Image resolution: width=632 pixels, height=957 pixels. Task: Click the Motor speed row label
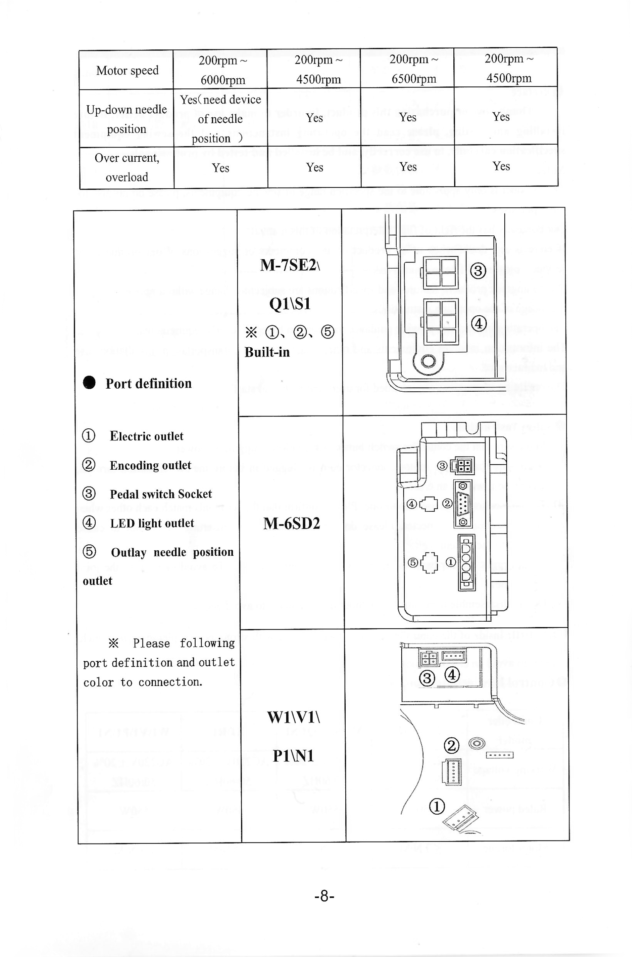pos(127,71)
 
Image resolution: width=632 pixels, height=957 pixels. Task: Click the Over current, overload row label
pos(127,167)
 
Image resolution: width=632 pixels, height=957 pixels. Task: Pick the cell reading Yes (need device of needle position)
pos(220,118)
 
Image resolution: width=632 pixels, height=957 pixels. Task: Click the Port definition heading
pos(148,383)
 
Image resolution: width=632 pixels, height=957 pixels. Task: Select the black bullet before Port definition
pos(89,382)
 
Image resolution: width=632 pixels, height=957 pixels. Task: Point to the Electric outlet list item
pos(146,436)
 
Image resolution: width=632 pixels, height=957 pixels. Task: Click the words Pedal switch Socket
pos(161,494)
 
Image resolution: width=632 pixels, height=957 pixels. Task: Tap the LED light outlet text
pos(152,523)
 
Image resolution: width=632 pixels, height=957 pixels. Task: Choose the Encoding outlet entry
pos(150,466)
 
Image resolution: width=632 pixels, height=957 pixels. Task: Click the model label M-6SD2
pos(291,524)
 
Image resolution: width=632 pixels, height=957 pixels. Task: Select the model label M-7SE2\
pos(290,265)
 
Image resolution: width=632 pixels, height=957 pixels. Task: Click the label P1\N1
pos(293,756)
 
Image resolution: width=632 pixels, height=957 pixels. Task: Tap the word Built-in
pos(267,352)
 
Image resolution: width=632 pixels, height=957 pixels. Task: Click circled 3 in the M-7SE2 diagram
pos(478,271)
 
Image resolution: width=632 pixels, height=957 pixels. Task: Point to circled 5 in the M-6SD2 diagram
pos(413,562)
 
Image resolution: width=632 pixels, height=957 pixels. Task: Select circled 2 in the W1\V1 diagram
pos(451,746)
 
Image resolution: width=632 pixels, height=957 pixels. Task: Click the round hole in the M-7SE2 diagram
pos(428,360)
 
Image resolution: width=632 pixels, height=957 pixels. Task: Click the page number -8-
pos(324,896)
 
